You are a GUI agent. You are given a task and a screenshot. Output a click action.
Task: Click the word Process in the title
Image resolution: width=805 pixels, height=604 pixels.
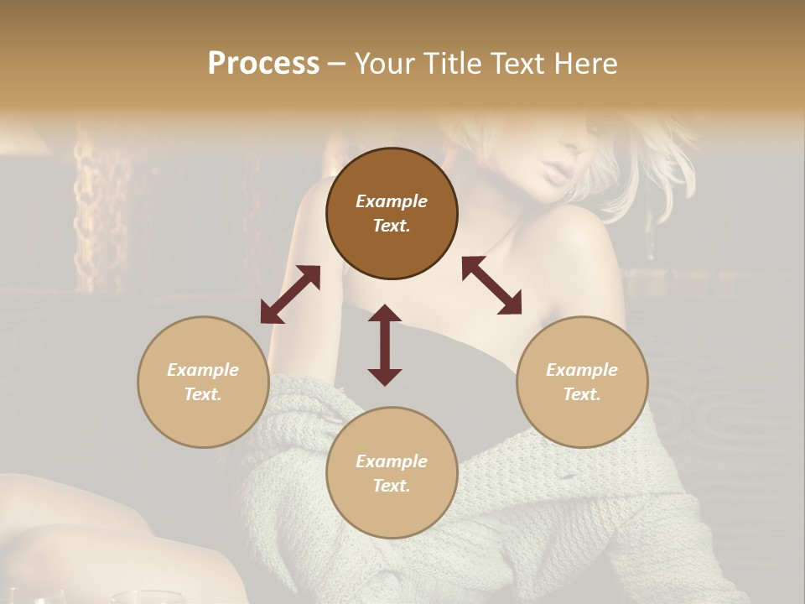point(263,64)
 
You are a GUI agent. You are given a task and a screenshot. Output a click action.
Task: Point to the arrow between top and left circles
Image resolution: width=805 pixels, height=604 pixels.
point(290,294)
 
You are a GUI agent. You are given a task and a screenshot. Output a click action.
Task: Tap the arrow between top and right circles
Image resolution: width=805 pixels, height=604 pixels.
point(491,285)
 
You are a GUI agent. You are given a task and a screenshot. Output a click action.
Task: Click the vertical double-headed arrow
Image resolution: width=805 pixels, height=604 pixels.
point(385,345)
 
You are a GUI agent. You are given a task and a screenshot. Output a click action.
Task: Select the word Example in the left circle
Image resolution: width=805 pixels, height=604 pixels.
point(203,370)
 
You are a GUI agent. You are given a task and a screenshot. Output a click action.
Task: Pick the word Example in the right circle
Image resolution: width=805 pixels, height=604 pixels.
point(582,370)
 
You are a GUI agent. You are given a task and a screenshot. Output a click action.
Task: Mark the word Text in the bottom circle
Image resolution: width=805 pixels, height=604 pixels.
point(391,486)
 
